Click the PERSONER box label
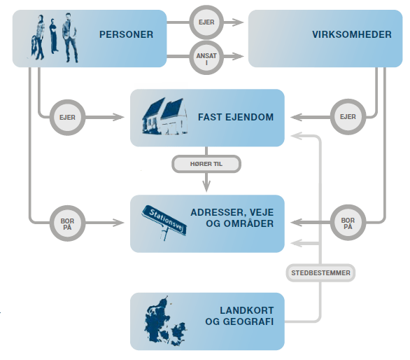coord(126,34)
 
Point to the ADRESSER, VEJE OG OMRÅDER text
coord(232,218)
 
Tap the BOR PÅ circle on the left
coord(67,223)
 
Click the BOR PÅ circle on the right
coord(347,223)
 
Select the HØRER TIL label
coord(206,164)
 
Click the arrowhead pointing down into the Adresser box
coord(206,186)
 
